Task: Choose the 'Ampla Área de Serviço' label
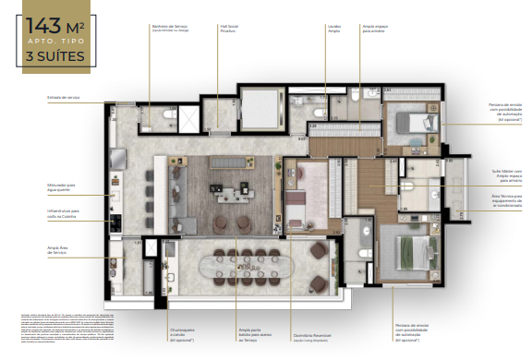tap(57, 249)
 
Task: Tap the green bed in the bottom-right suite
tap(406, 251)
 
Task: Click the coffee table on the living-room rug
tap(225, 191)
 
